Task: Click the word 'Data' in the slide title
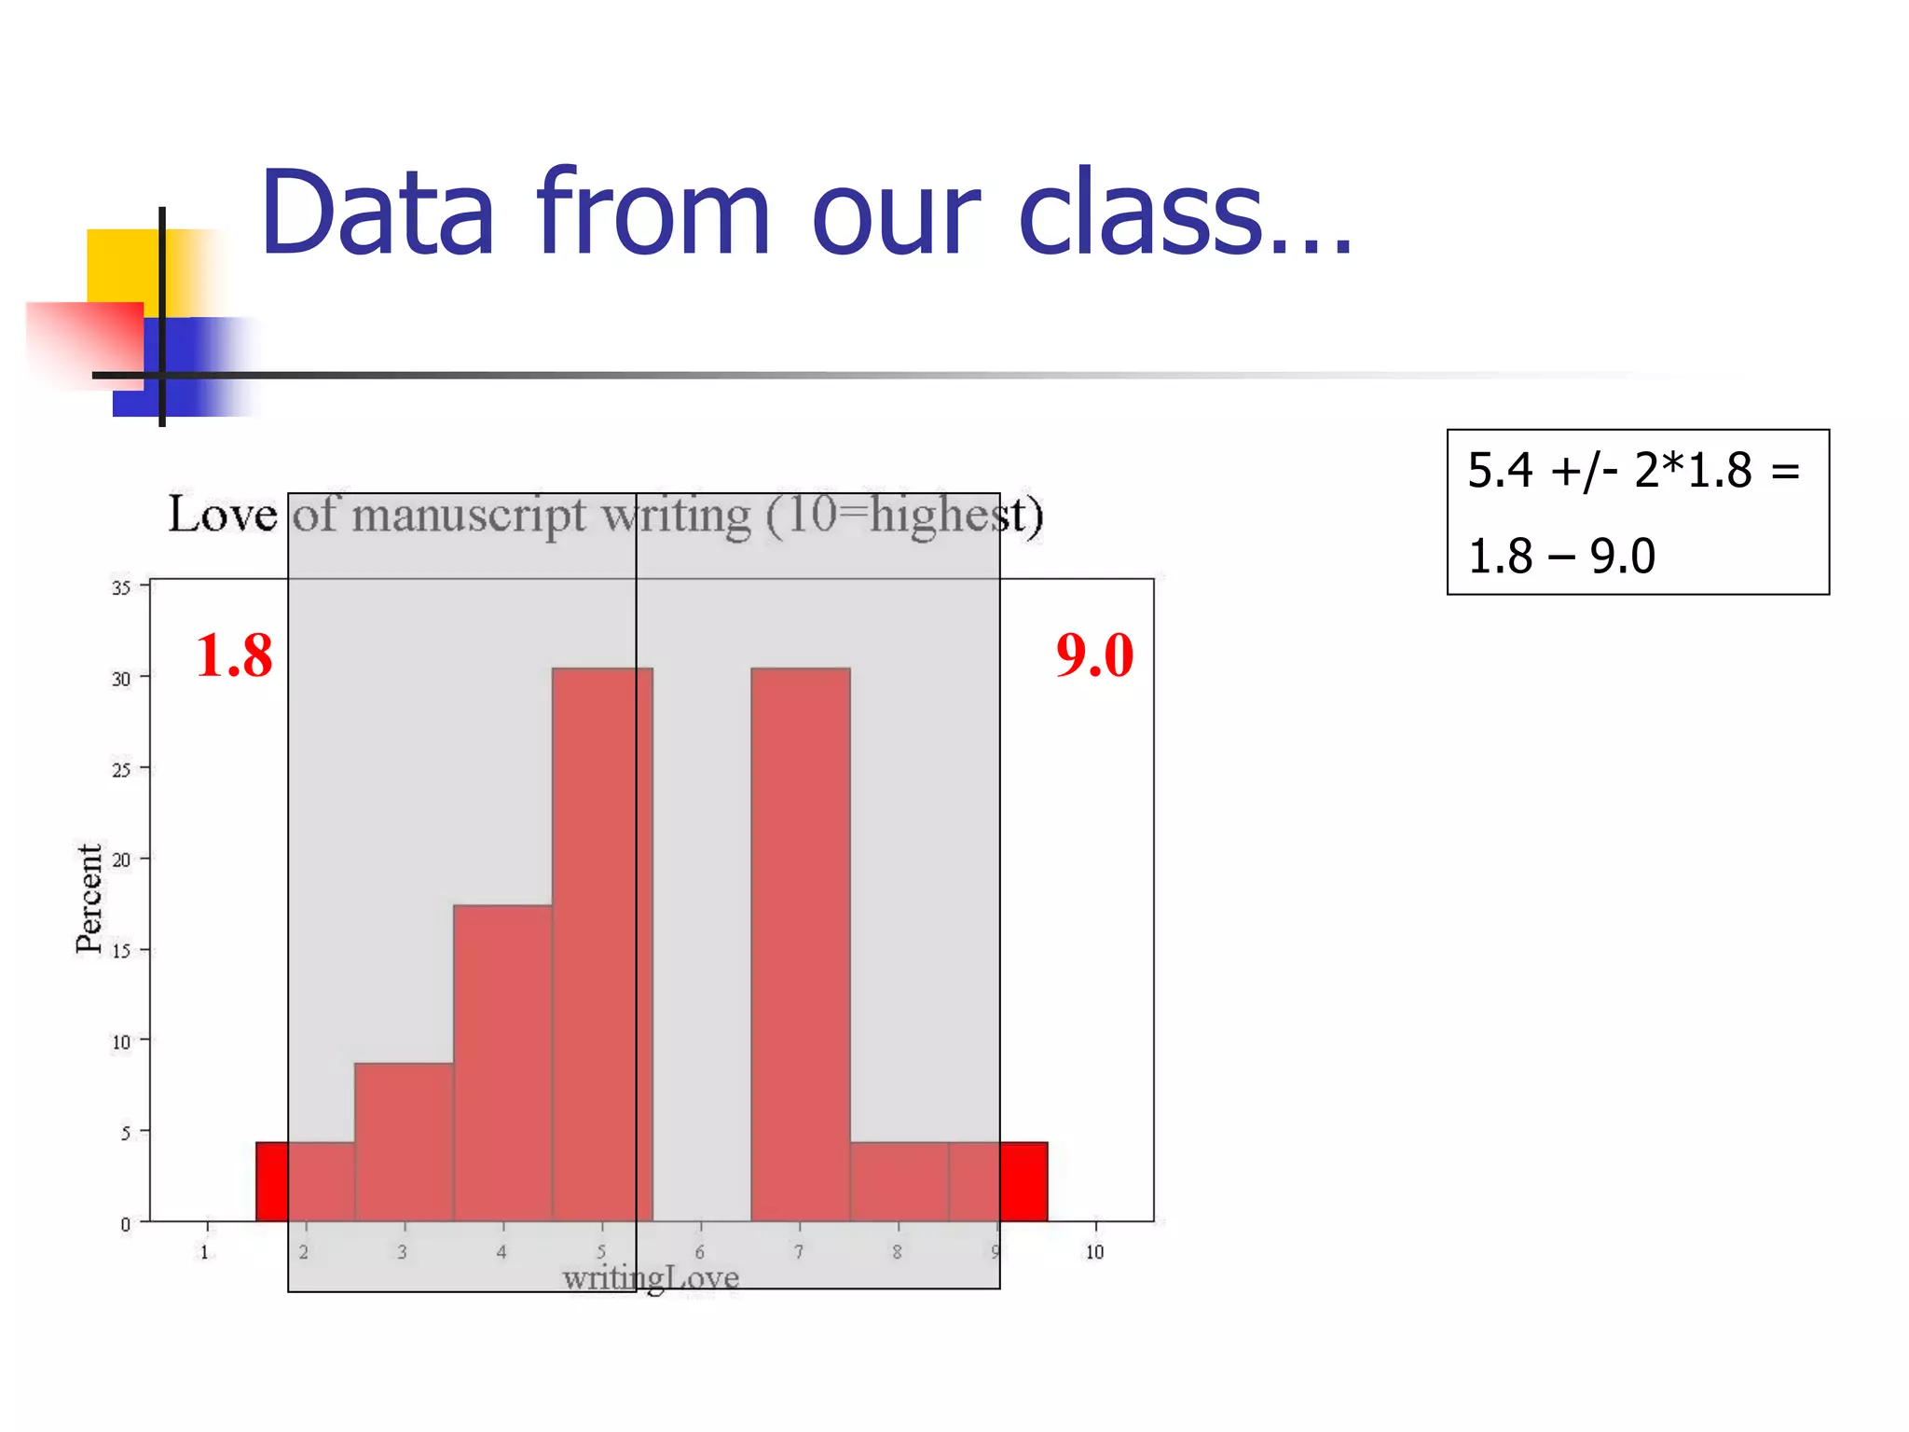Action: click(377, 213)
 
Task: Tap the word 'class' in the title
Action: click(1143, 213)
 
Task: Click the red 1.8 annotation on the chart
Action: click(234, 654)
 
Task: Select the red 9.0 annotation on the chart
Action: click(1094, 654)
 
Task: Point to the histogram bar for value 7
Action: click(800, 942)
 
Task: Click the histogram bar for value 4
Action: click(502, 1063)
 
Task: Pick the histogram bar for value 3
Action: click(404, 1142)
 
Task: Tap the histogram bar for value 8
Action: click(899, 1181)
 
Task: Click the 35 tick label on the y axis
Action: click(121, 587)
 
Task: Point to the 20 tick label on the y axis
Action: click(121, 860)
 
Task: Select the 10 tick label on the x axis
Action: click(1094, 1252)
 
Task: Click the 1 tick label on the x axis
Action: click(205, 1252)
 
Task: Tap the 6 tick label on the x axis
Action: click(699, 1252)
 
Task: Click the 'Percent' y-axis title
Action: click(89, 899)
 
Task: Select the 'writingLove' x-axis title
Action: click(651, 1277)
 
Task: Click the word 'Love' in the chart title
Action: click(222, 515)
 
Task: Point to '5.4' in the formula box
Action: click(1499, 470)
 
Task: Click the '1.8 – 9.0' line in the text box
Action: click(1561, 556)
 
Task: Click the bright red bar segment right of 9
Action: click(1023, 1181)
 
